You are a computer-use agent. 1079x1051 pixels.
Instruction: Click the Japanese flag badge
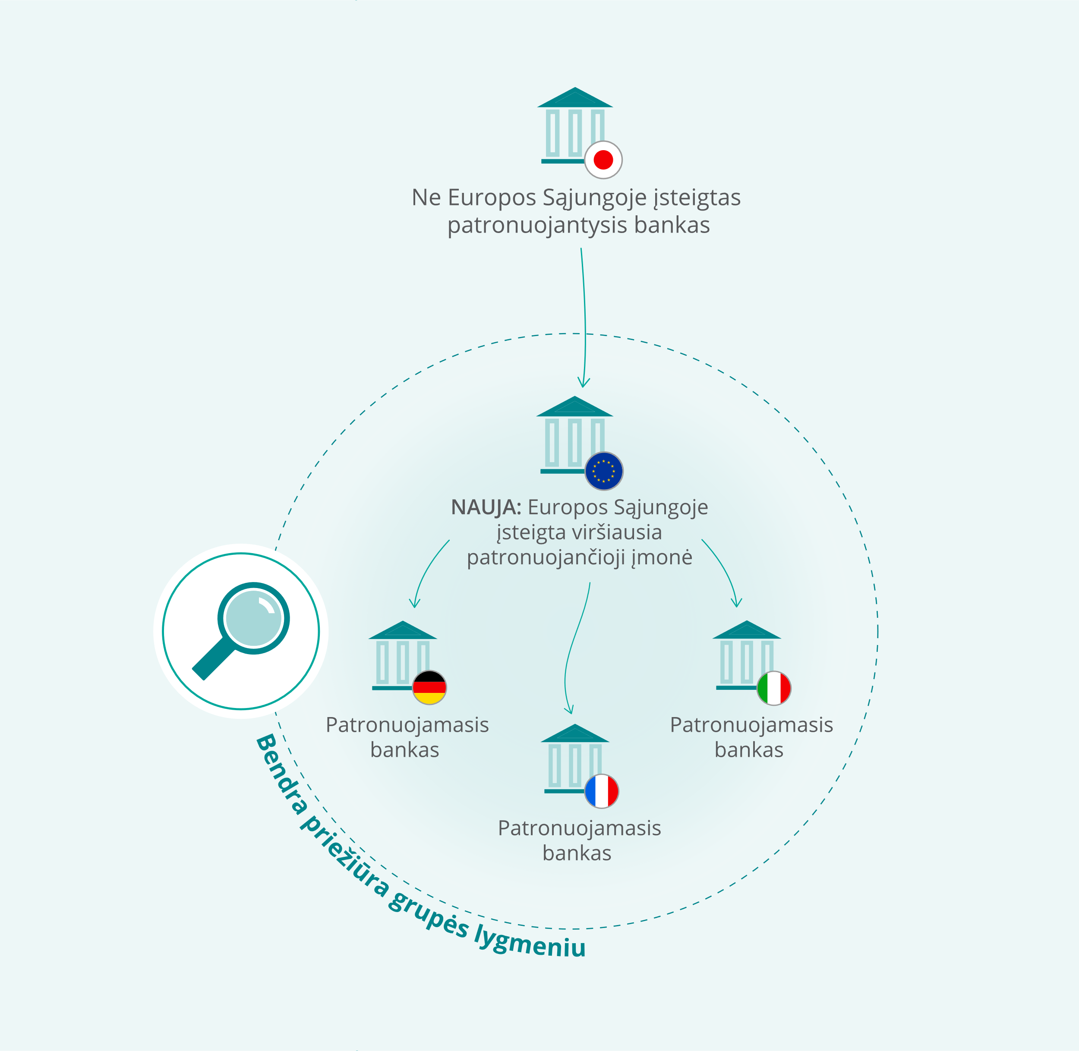click(603, 160)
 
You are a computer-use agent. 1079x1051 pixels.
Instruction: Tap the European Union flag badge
click(604, 471)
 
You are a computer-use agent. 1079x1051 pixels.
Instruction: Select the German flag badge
click(429, 687)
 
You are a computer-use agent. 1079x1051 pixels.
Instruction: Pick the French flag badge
click(601, 791)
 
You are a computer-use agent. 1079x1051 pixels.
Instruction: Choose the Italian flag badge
click(773, 688)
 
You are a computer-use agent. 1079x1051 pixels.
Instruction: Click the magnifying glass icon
click(241, 631)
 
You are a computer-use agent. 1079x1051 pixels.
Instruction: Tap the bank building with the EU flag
click(575, 435)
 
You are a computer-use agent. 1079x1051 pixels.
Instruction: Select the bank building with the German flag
click(403, 655)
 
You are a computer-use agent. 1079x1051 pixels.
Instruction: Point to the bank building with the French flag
click(575, 758)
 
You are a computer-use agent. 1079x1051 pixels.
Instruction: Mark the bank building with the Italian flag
click(747, 655)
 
